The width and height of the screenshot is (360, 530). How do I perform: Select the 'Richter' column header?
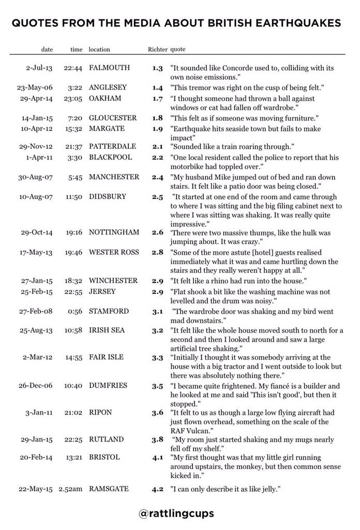coord(157,50)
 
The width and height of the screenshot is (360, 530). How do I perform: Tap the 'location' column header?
coord(99,50)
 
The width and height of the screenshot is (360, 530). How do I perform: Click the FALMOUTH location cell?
coord(110,68)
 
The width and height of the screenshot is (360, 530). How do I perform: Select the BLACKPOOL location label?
coord(111,157)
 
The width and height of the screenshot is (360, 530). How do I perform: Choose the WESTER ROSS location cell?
coord(114,252)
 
